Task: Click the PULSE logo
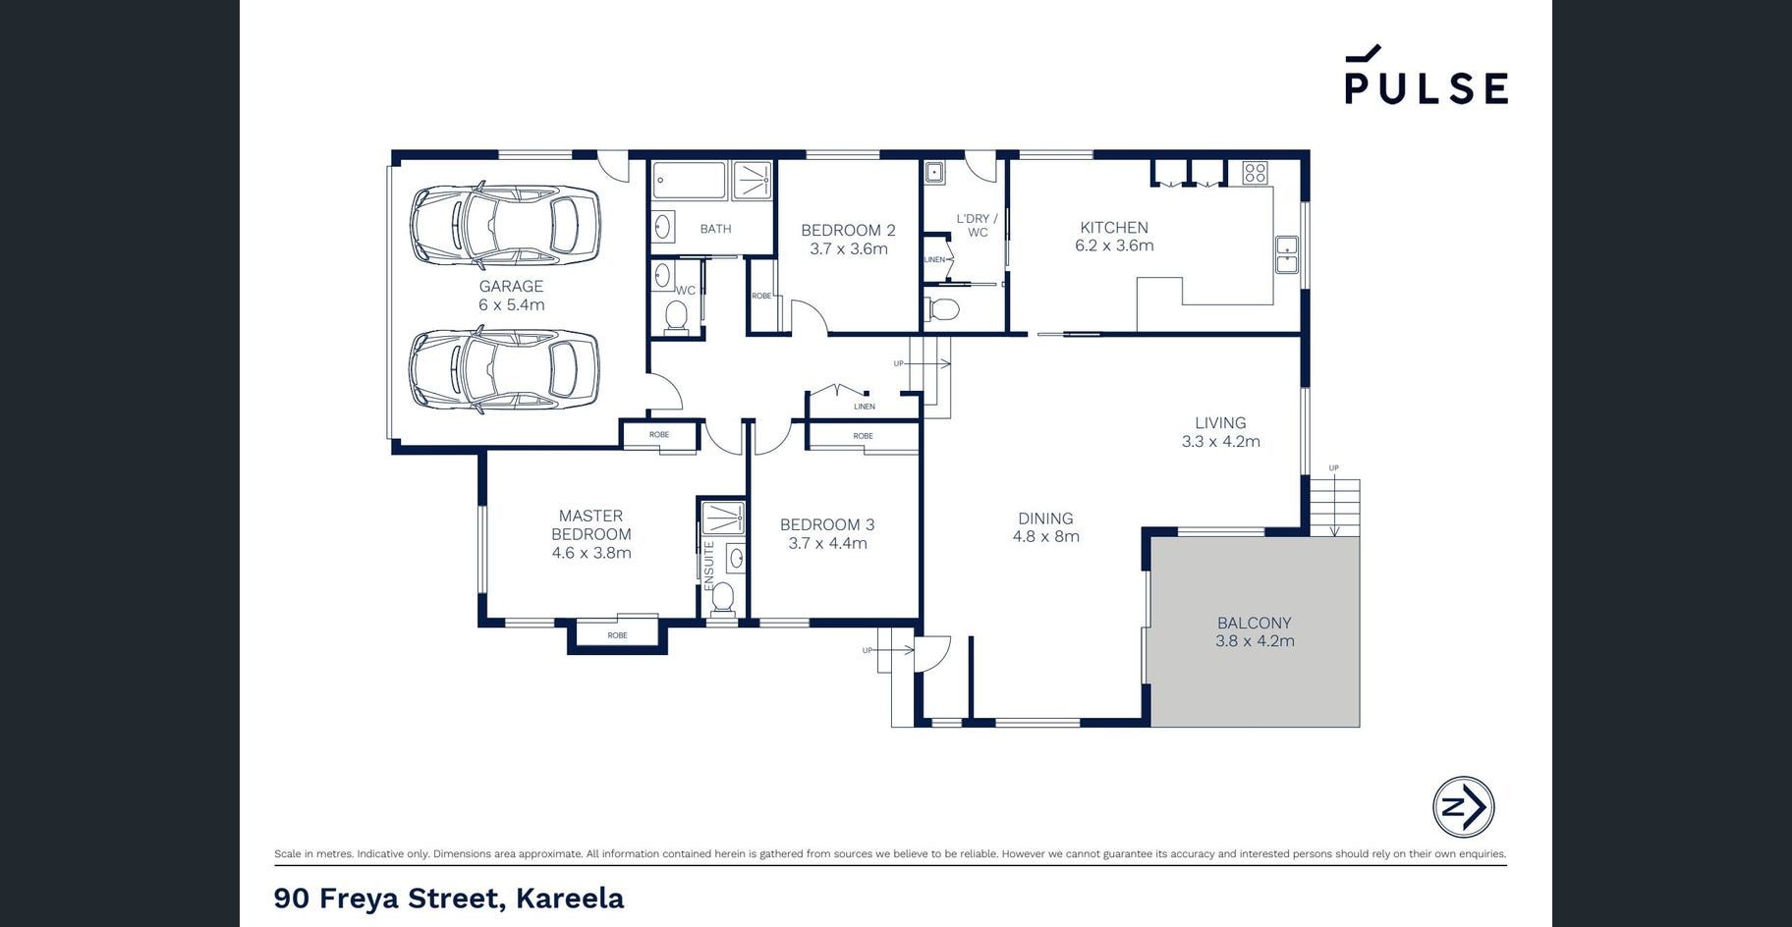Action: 1426,75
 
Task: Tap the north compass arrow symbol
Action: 1463,807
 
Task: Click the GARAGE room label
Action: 511,287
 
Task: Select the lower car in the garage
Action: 504,369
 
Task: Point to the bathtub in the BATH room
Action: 690,181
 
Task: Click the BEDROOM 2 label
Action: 848,231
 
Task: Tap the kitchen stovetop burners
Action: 1255,173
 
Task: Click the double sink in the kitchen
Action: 1286,255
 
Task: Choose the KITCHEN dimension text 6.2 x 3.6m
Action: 1114,245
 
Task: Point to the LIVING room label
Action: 1220,423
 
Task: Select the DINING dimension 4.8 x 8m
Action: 1046,536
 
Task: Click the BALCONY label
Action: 1255,623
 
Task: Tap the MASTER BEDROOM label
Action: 591,524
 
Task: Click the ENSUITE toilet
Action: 723,598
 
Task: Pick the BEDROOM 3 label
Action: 827,525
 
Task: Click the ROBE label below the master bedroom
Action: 617,635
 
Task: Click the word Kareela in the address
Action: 570,898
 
